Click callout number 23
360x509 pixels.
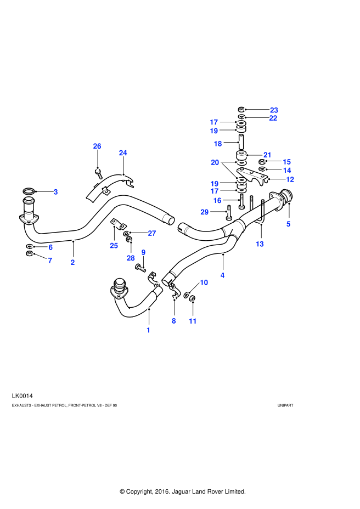[x=274, y=110]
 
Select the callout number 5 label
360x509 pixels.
[x=288, y=224]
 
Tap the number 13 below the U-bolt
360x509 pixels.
[x=260, y=244]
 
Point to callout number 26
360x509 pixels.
[x=97, y=146]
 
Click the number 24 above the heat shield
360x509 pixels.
[x=123, y=152]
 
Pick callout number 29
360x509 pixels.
[x=204, y=212]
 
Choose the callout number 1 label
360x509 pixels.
[x=149, y=330]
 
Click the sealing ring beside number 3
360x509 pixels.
[x=29, y=191]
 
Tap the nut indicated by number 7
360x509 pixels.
[x=29, y=253]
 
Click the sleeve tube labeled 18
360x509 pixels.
[x=241, y=142]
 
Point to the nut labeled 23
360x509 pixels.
[x=241, y=109]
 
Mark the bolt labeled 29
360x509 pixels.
[x=229, y=212]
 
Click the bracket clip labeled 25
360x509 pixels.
[x=119, y=224]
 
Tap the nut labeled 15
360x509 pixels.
[x=262, y=162]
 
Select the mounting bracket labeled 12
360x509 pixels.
[x=252, y=176]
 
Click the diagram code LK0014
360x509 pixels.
[x=22, y=395]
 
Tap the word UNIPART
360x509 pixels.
[x=285, y=405]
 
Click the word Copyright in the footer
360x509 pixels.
[x=139, y=491]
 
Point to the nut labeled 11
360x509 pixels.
[x=192, y=297]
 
